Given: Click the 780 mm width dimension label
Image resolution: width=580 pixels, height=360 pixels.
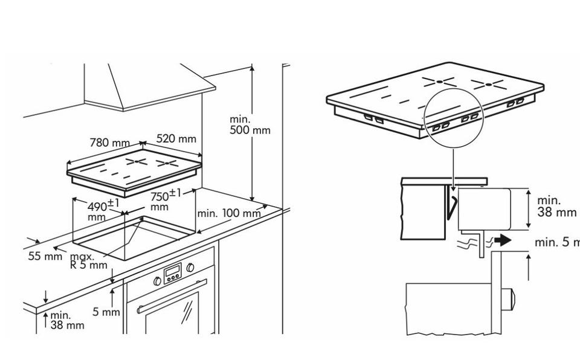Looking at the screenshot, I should [x=109, y=143].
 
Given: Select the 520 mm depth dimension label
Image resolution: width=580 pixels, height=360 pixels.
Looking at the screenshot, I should [x=176, y=138].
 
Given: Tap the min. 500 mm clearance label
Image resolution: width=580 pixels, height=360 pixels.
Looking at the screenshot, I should [x=250, y=124].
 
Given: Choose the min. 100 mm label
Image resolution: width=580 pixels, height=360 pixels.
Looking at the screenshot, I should [x=229, y=213].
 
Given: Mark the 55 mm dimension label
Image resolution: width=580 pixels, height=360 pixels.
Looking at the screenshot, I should [x=45, y=256].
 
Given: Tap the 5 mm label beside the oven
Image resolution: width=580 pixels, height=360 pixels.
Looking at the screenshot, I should [x=106, y=312].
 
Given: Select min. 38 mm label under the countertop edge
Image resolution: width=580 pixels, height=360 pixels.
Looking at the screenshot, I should [x=67, y=321].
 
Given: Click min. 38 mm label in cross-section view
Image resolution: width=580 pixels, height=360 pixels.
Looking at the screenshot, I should [x=556, y=206].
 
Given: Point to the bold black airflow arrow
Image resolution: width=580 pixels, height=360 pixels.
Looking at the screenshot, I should [x=501, y=240].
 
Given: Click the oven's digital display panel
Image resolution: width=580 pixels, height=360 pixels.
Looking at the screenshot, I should [x=173, y=272].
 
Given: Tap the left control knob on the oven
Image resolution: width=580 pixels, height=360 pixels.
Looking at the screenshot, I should [x=158, y=281].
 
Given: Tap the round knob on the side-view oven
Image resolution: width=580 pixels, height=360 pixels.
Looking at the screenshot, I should [x=510, y=299].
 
